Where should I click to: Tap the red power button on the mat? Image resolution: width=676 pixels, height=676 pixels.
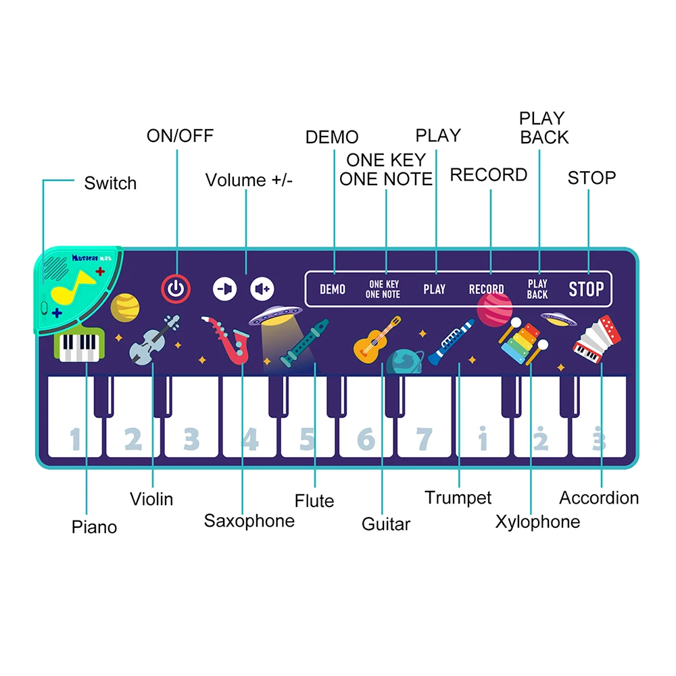tap(176, 289)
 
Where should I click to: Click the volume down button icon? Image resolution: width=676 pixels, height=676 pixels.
tap(226, 289)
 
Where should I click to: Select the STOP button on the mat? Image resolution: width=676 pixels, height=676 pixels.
tap(585, 289)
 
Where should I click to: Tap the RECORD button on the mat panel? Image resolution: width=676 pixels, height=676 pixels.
tap(486, 289)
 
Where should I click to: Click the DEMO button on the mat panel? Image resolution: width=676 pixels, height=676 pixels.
tap(333, 289)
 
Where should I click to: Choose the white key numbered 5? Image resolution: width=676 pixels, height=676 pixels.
tap(308, 433)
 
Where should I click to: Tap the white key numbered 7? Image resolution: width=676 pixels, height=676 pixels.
tap(424, 433)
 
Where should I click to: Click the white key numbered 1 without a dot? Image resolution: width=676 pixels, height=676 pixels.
tap(74, 433)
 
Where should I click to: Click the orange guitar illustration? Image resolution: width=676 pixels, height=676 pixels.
tap(374, 340)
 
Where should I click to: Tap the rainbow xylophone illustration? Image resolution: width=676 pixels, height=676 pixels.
tap(522, 340)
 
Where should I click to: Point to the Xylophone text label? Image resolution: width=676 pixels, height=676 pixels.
tap(537, 522)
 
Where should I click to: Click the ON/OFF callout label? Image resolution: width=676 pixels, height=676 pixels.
tap(180, 136)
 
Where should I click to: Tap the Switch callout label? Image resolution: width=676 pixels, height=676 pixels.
tap(110, 183)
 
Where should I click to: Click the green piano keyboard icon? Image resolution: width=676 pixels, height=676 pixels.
tap(80, 345)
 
